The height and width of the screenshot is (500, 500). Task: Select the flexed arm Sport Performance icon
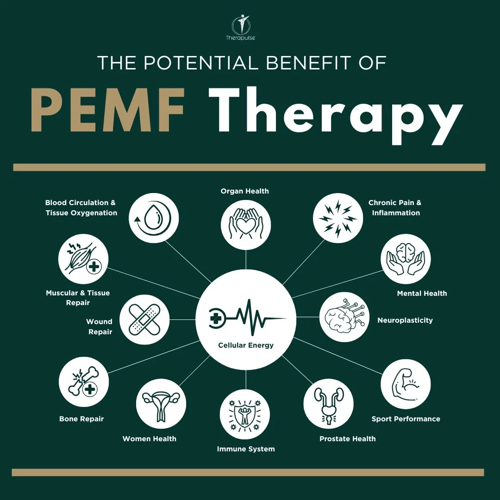click(406, 384)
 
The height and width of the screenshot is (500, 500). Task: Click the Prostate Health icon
click(328, 404)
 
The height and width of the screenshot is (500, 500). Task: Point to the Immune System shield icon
click(245, 414)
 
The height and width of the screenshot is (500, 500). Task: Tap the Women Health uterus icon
click(161, 404)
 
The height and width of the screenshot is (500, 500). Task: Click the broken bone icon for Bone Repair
click(84, 382)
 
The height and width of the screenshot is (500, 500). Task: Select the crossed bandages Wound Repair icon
click(144, 319)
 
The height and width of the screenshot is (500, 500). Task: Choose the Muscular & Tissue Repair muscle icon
click(83, 259)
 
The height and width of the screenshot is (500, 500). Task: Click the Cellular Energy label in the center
click(246, 345)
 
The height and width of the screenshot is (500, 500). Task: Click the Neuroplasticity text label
click(405, 320)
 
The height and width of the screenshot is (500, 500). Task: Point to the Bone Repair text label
click(81, 419)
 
